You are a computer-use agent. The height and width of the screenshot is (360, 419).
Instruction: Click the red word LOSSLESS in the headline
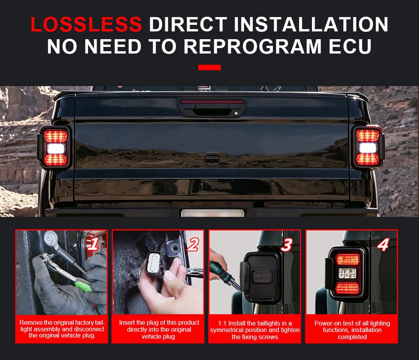tap(86, 24)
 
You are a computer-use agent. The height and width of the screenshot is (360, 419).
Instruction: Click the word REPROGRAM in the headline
tap(252, 46)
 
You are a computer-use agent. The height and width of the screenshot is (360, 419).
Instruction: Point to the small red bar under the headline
tap(209, 67)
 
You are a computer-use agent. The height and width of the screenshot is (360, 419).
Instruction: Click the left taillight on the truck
tap(55, 148)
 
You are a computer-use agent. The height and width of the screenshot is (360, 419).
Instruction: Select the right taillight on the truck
tap(368, 147)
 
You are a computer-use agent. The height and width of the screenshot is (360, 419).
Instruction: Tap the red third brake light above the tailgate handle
tap(212, 102)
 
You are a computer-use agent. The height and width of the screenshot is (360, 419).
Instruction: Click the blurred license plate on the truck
tap(213, 213)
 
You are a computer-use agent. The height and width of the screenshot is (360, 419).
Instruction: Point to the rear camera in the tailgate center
tap(212, 160)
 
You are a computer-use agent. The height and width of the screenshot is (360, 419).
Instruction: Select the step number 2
tap(193, 244)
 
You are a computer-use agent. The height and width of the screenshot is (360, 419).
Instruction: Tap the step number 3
tap(287, 245)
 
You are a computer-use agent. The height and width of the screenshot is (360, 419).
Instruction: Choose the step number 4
tap(383, 245)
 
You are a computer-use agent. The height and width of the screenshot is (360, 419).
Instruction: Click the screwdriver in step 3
tap(224, 276)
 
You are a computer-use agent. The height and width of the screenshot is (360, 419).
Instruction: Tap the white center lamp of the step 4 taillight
tap(347, 273)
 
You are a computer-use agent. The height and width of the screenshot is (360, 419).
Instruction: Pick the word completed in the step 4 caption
tap(352, 337)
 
